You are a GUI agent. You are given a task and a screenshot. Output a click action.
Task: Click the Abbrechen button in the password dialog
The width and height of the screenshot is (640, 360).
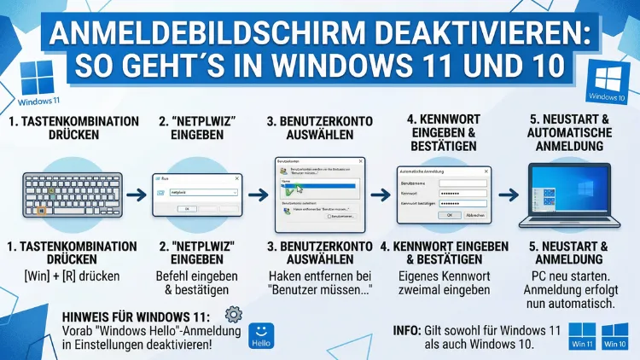(474, 215)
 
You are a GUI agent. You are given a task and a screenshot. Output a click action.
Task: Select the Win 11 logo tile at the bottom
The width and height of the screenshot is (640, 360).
(582, 335)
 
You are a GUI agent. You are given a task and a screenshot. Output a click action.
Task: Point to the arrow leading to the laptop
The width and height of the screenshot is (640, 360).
(509, 195)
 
